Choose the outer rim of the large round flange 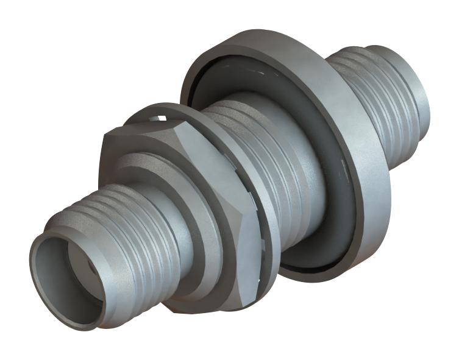point(366,183)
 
